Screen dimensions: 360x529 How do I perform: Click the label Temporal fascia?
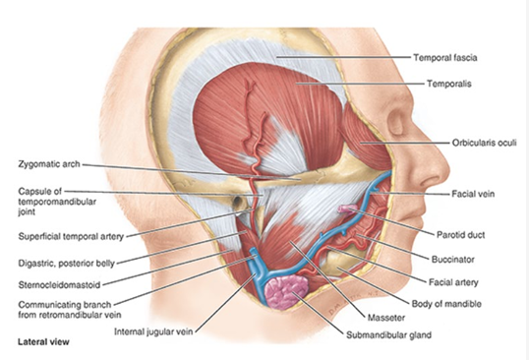coord(444,58)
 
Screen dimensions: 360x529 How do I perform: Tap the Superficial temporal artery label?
coord(71,236)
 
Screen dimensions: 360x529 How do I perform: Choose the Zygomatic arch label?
coord(49,163)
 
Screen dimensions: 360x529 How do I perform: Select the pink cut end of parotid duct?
coord(345,210)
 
